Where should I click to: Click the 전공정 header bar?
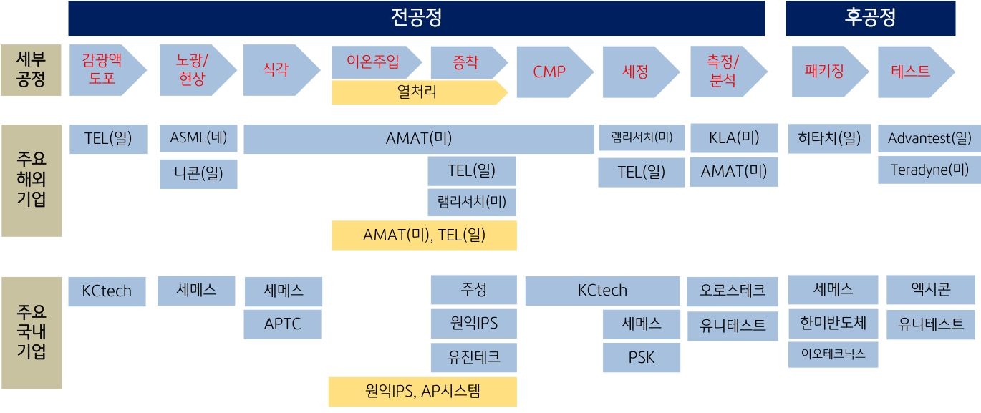click(416, 18)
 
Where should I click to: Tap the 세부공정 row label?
click(31, 70)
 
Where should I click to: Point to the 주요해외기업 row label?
click(31, 180)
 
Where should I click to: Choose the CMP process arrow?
click(550, 71)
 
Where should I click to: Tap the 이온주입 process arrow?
click(373, 62)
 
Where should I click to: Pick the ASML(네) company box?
click(198, 138)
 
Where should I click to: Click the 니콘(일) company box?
click(198, 174)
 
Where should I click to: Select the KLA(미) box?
click(734, 138)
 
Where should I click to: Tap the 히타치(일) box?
click(829, 138)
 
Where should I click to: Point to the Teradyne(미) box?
click(929, 170)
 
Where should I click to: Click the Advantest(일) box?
click(929, 138)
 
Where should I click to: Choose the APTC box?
click(283, 324)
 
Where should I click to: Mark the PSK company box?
click(641, 356)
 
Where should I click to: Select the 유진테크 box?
click(473, 356)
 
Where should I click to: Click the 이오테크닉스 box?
click(833, 354)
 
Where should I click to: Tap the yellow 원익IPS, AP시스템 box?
click(422, 392)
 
